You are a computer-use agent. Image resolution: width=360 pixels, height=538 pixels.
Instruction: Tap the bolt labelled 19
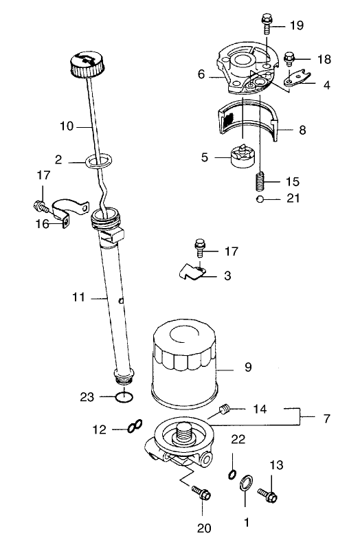pos(267,23)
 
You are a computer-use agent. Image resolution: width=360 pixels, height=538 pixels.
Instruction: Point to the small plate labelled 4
pos(297,82)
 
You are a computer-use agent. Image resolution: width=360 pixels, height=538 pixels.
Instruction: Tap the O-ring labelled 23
pos(124,396)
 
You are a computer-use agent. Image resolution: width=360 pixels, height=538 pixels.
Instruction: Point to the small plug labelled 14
pos(223,411)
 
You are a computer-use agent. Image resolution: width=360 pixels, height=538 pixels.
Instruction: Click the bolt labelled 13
pos(268,493)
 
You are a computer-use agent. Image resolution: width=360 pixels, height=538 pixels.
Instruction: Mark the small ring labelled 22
pos(233,473)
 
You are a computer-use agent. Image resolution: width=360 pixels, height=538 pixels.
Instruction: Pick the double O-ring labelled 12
pos(134,428)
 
